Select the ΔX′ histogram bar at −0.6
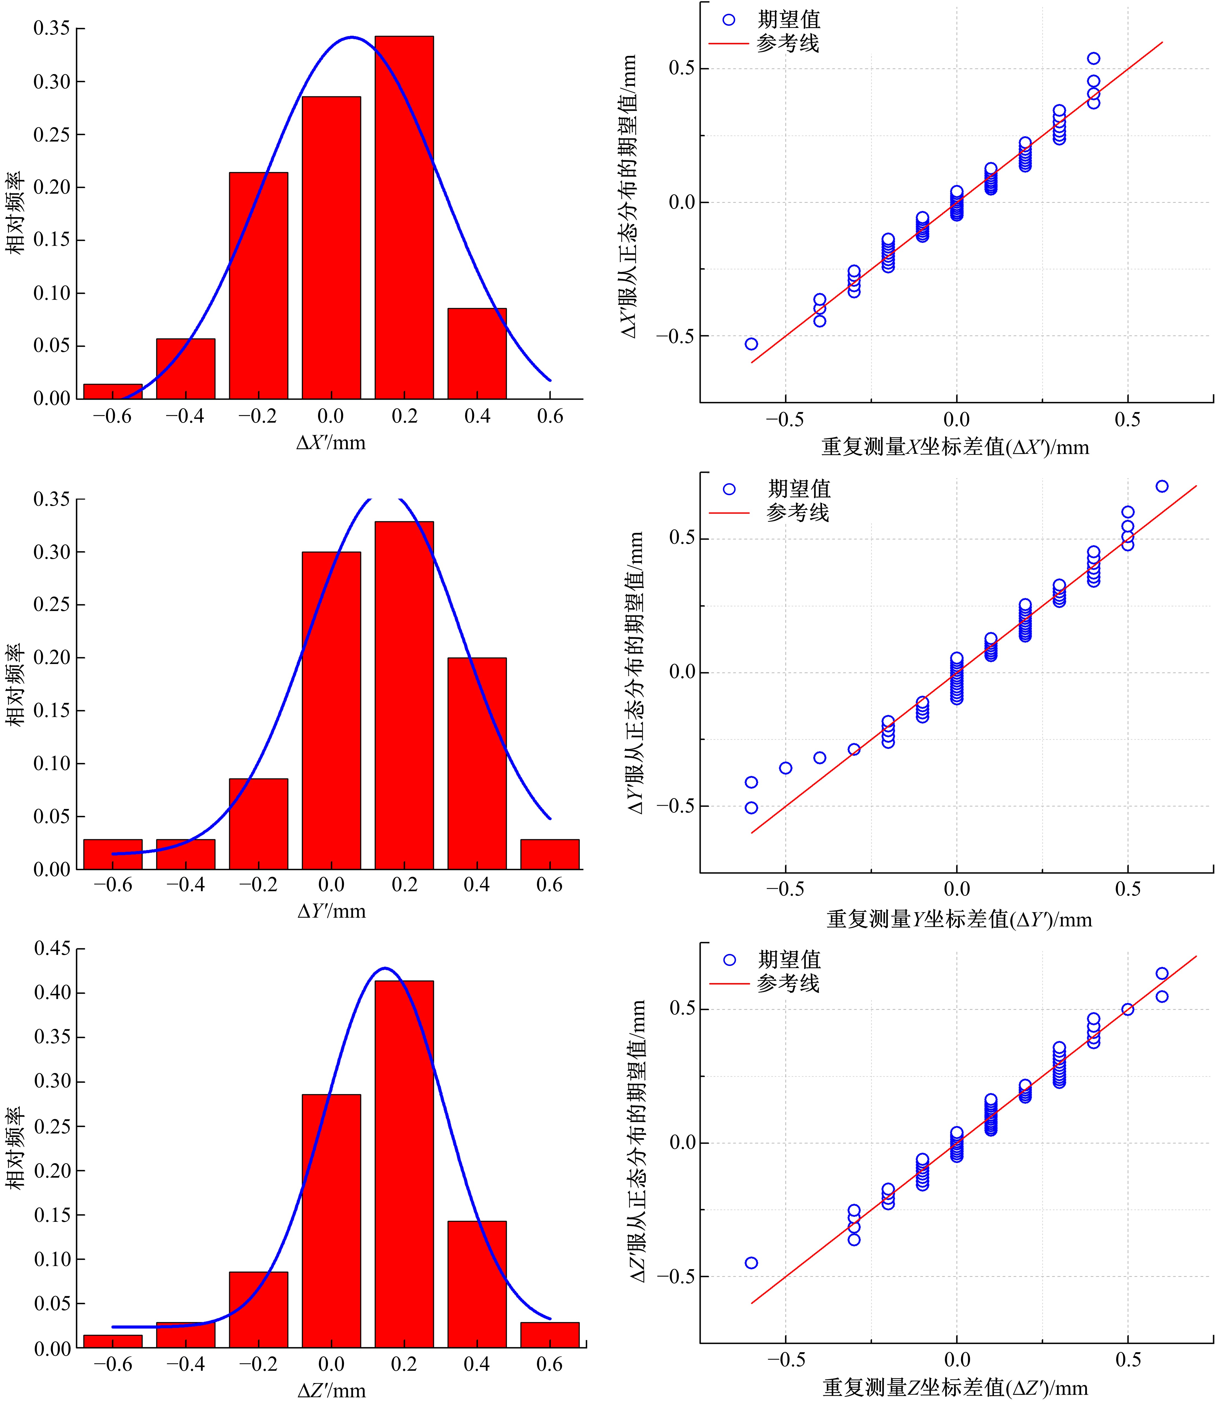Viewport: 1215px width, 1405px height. [x=113, y=391]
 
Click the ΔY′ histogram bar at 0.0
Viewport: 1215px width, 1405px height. [x=331, y=710]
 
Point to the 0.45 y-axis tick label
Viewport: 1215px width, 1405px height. [x=52, y=948]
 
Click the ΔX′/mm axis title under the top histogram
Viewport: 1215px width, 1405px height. [x=331, y=443]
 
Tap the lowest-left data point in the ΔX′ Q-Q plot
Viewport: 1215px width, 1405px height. [x=751, y=344]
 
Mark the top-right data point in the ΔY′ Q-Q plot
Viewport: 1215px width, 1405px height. [x=1162, y=486]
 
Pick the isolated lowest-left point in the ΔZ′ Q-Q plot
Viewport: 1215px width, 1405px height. [x=751, y=1263]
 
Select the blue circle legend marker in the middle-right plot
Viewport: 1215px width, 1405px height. [x=729, y=489]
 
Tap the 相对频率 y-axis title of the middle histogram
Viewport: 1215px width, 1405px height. [x=15, y=685]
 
